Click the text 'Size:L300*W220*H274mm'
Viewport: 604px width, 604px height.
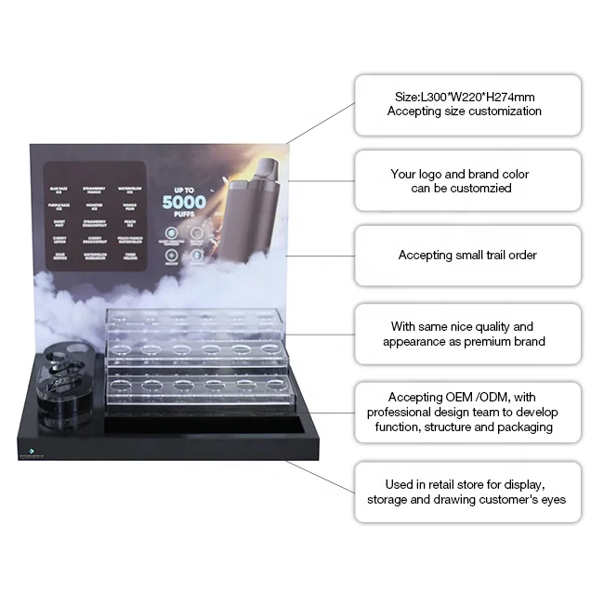[464, 96]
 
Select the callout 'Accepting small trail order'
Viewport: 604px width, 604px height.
[467, 255]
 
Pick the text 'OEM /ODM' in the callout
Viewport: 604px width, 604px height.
[459, 398]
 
